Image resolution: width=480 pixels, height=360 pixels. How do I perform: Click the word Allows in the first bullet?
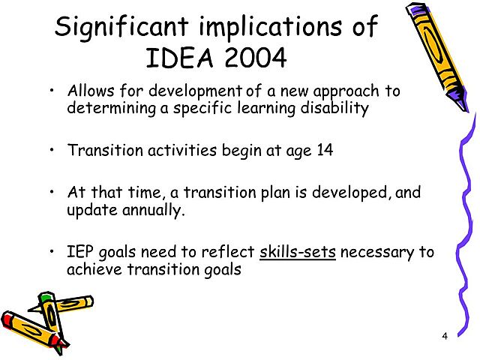pyautogui.click(x=88, y=91)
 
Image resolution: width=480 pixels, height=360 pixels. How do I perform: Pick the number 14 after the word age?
pyautogui.click(x=325, y=149)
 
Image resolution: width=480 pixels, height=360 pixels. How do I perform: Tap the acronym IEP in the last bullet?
pyautogui.click(x=80, y=252)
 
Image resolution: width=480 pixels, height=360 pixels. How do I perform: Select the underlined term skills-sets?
pyautogui.click(x=298, y=252)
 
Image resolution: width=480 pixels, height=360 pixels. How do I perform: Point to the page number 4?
pyautogui.click(x=445, y=335)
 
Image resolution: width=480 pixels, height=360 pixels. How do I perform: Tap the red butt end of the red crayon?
pyautogui.click(x=9, y=321)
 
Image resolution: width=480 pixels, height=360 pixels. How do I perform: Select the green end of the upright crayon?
pyautogui.click(x=46, y=298)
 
